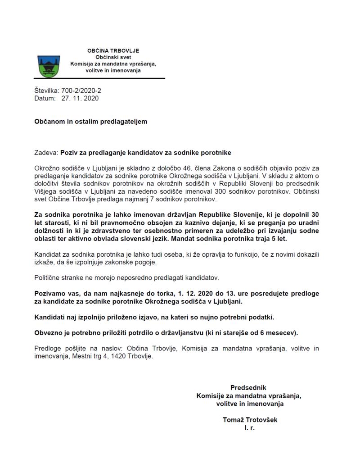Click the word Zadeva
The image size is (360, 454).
pyautogui.click(x=46, y=153)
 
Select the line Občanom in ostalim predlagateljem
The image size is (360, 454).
pyautogui.click(x=90, y=121)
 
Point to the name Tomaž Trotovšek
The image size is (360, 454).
pyautogui.click(x=250, y=420)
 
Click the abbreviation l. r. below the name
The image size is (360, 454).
pyautogui.click(x=250, y=428)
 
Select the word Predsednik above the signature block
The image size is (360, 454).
pyautogui.click(x=248, y=387)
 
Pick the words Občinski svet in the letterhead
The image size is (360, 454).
pyautogui.click(x=113, y=58)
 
